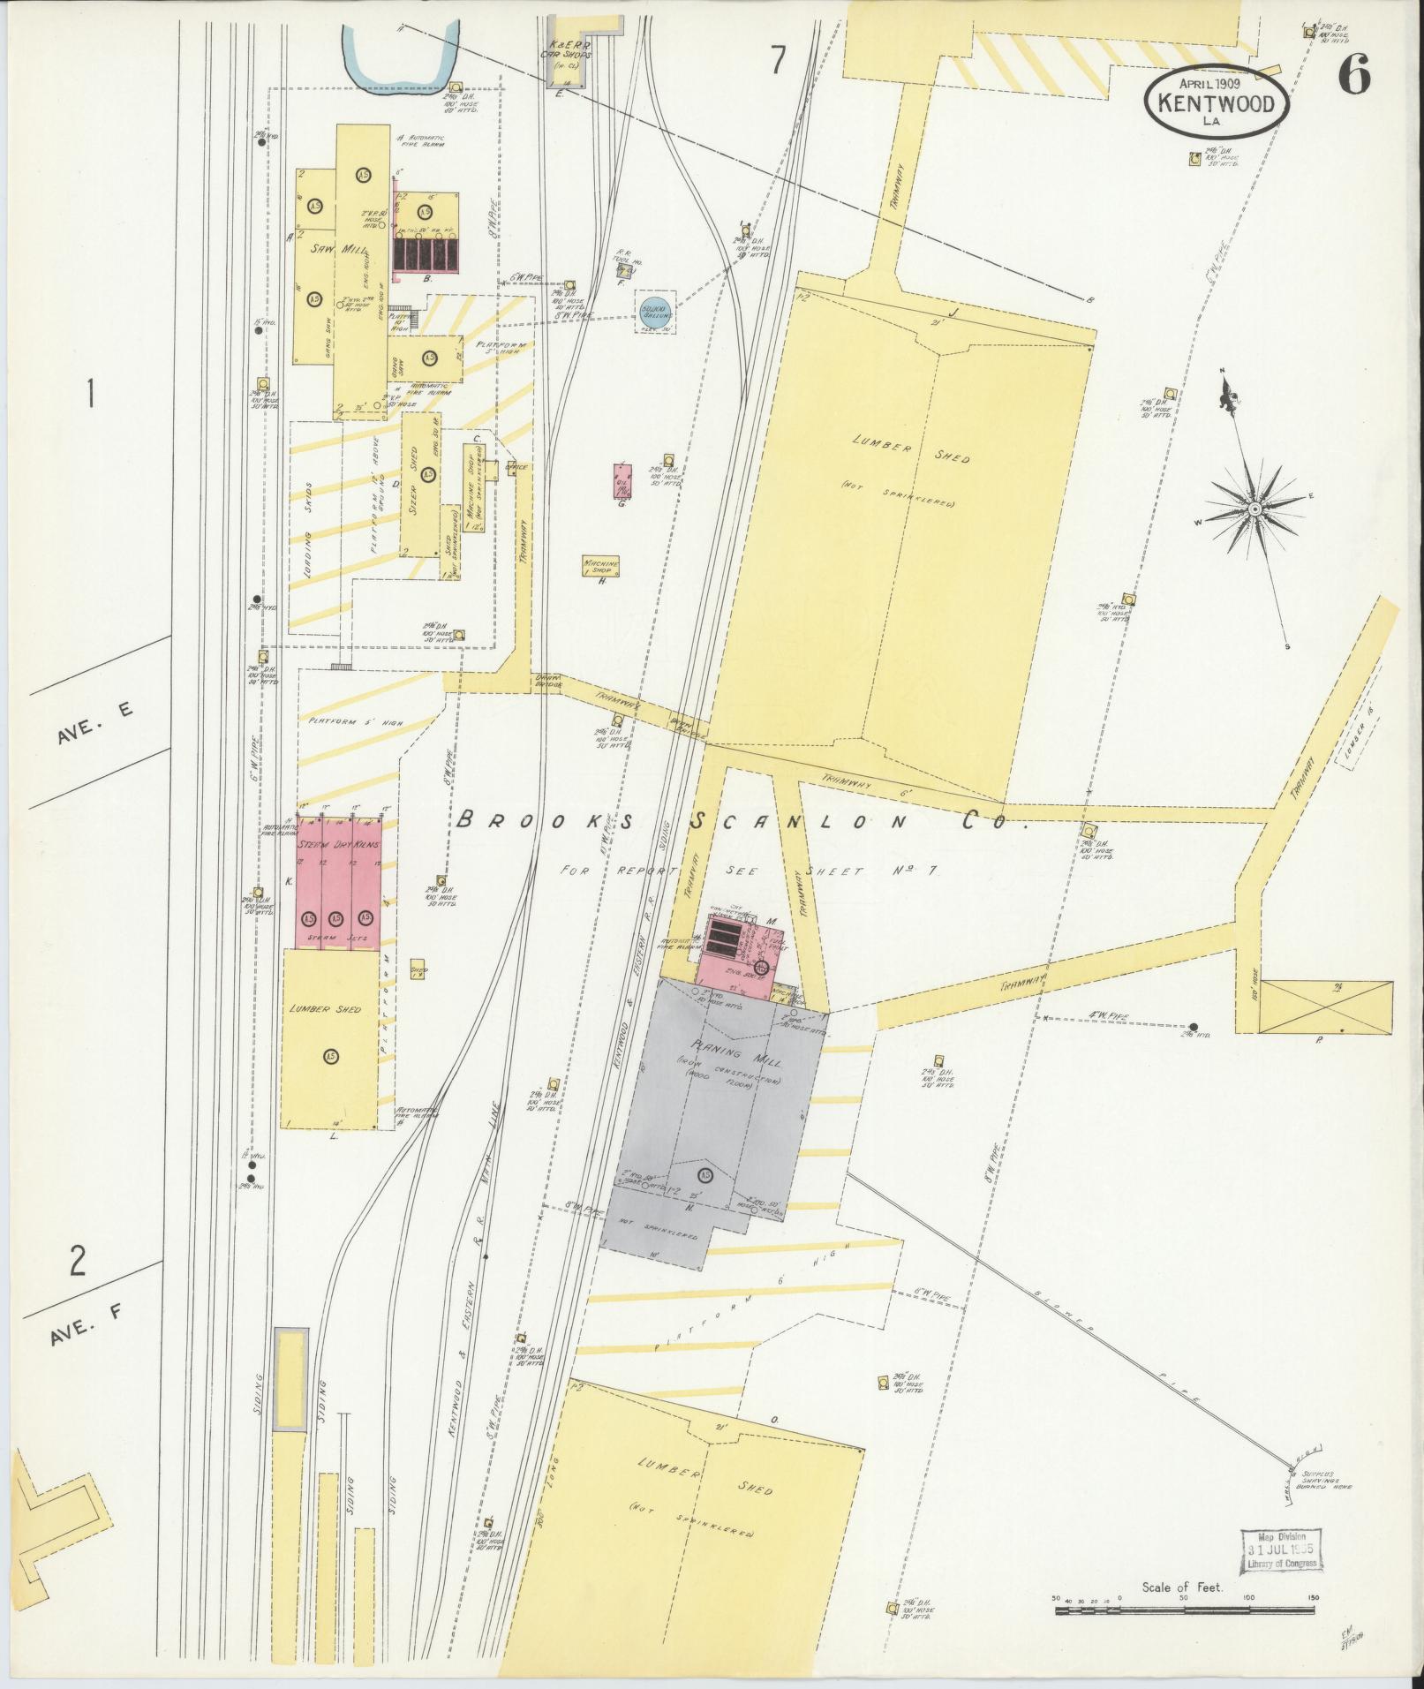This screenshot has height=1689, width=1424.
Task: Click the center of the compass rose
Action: pyautogui.click(x=1253, y=510)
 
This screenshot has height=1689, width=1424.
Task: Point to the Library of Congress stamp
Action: pyautogui.click(x=1282, y=1550)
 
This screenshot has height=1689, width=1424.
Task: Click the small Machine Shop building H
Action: pyautogui.click(x=600, y=566)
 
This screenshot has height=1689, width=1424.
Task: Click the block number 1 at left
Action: pyautogui.click(x=89, y=394)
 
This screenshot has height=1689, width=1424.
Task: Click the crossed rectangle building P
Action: pyautogui.click(x=1325, y=1006)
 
